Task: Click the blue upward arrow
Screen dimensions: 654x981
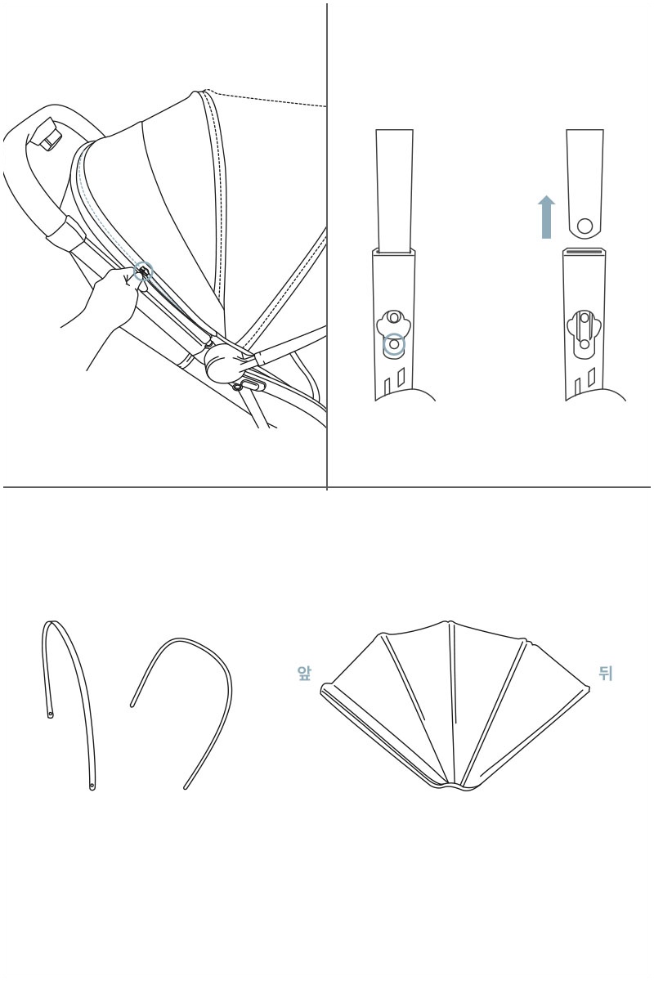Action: (546, 217)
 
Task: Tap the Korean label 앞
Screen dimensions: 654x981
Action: (303, 673)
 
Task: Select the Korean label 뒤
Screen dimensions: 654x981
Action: (605, 673)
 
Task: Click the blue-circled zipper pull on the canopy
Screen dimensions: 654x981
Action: (143, 271)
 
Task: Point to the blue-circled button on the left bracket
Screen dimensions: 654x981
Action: (394, 344)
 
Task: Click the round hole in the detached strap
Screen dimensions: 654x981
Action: (585, 226)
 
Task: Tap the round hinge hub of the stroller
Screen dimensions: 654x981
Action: (222, 362)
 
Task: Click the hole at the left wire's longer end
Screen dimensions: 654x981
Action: (92, 787)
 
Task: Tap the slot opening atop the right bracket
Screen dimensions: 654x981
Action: (585, 251)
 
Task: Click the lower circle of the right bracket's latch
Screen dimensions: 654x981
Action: (585, 344)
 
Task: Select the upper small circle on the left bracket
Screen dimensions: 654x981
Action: (394, 316)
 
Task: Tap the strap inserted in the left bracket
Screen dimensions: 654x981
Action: (394, 191)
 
